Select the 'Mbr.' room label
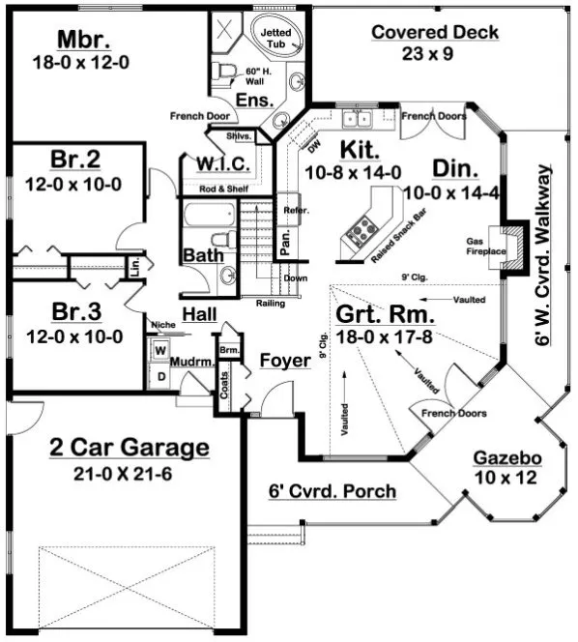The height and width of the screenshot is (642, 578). click(x=83, y=40)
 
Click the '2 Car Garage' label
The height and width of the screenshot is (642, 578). click(x=129, y=448)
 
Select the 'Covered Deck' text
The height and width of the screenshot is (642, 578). click(x=435, y=33)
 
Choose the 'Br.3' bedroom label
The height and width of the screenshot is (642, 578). click(x=74, y=312)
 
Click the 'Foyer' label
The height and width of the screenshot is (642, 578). click(x=285, y=361)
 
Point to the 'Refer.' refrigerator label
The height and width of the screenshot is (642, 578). click(x=291, y=210)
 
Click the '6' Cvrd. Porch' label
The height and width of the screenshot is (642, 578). click(x=332, y=491)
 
